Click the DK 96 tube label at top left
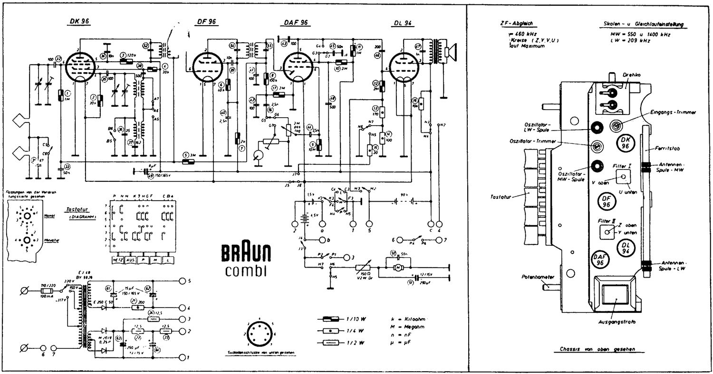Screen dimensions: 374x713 pyautogui.click(x=77, y=21)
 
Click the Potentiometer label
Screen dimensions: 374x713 pyautogui.click(x=533, y=276)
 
